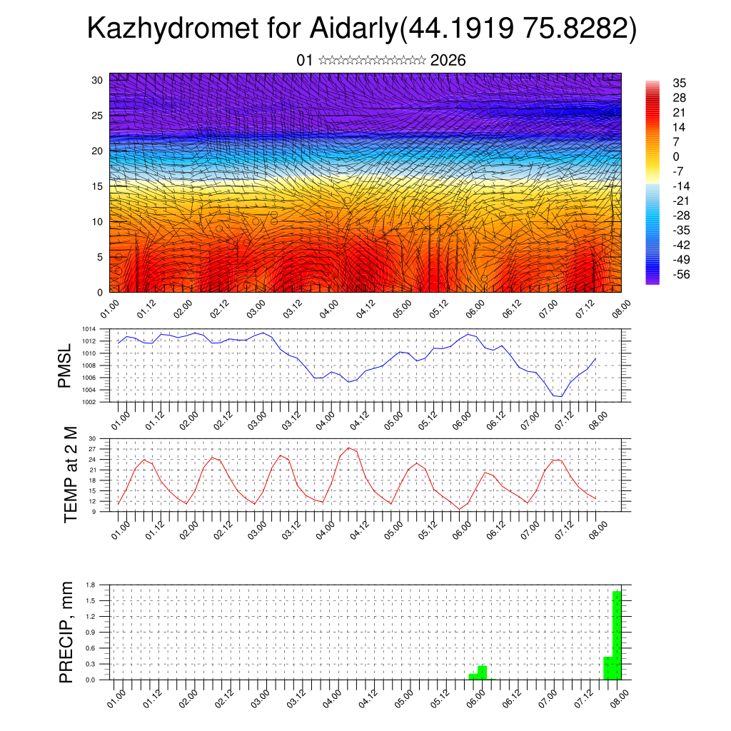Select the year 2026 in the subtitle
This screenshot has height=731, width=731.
pyautogui.click(x=448, y=61)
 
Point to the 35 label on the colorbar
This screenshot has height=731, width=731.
pyautogui.click(x=679, y=84)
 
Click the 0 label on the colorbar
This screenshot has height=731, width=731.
pyautogui.click(x=676, y=157)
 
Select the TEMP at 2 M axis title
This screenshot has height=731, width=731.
pyautogui.click(x=70, y=475)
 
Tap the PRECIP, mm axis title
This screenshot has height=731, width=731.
pyautogui.click(x=66, y=632)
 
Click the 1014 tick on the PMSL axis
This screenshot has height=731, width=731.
pyautogui.click(x=89, y=329)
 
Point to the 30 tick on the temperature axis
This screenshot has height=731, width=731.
pyautogui.click(x=92, y=438)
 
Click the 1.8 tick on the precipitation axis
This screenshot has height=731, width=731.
pyautogui.click(x=91, y=585)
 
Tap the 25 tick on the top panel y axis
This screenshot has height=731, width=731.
pyautogui.click(x=97, y=115)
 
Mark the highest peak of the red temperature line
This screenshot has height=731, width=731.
pyautogui.click(x=348, y=448)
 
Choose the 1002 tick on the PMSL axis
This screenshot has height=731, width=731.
pyautogui.click(x=89, y=402)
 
